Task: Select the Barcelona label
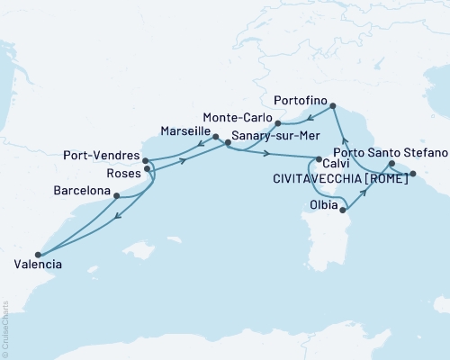click(82, 192)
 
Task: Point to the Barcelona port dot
click(116, 192)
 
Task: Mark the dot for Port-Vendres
click(146, 161)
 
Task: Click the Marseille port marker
click(215, 138)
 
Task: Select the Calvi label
click(337, 164)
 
